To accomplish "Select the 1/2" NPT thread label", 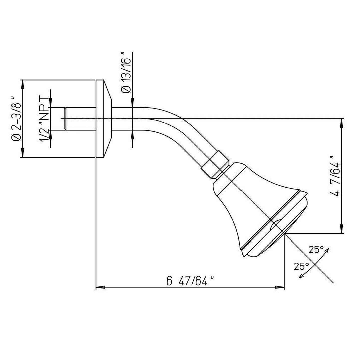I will coord(44,118).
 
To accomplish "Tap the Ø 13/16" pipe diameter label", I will coord(126,73).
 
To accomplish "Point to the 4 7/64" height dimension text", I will coord(335,176).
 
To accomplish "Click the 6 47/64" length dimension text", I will coord(190,281).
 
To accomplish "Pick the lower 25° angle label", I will coord(301,266).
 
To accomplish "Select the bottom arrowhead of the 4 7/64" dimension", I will coord(341,229).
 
